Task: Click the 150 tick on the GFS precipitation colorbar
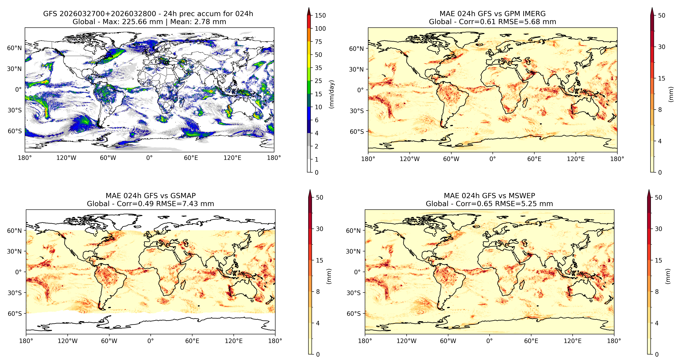[x=320, y=15]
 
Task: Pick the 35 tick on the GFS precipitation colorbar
[x=318, y=68]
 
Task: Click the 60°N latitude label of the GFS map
[x=14, y=48]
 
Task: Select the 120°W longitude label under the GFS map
[x=66, y=158]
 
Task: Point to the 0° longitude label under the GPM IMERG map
[x=493, y=159]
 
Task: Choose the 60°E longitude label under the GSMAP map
[x=192, y=341]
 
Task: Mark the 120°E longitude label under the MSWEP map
[x=573, y=341]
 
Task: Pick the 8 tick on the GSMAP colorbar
[x=318, y=292]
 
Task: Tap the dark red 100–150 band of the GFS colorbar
[x=309, y=22]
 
